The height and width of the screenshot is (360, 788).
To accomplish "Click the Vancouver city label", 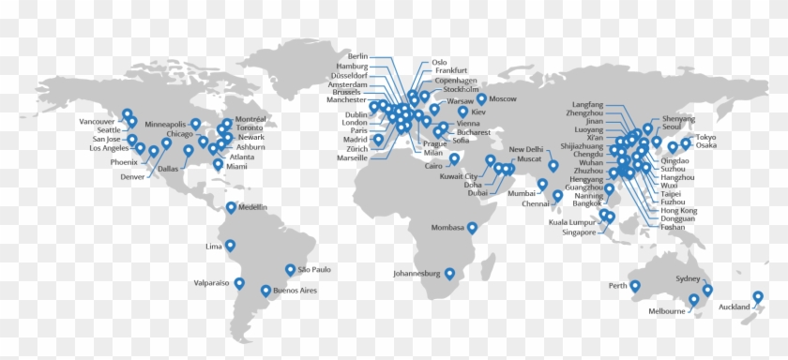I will pos(97,122).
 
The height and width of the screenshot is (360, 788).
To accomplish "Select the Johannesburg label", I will pos(417,274).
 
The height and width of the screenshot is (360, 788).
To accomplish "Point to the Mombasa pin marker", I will pos(473,227).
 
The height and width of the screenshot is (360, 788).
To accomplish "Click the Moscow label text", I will pos(504,98).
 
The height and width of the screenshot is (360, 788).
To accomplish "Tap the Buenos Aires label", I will pos(295,292).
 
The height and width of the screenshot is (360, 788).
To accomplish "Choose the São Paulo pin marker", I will pos(290,269).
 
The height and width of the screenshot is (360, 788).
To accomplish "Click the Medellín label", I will pos(253,207).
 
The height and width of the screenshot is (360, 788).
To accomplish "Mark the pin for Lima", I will pos(230,246).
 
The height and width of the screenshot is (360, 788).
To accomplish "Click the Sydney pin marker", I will pos(708,290).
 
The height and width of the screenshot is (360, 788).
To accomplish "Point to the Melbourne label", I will pos(666,311).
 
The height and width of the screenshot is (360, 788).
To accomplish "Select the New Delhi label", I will pos(526,149).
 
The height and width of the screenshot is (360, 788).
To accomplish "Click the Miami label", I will pos(237,167).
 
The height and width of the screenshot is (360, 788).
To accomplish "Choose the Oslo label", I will pos(439,63).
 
